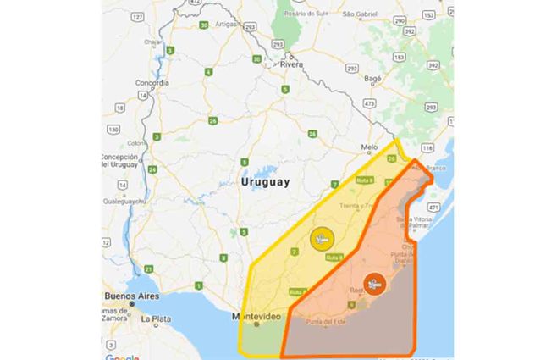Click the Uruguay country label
click(x=265, y=181)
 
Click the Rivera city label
click(x=292, y=64)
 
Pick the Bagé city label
click(x=374, y=77)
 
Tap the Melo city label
click(x=369, y=146)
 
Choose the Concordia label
click(x=152, y=83)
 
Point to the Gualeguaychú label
click(x=124, y=202)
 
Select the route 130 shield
click(x=113, y=129)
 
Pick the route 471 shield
click(x=434, y=206)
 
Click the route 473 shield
click(x=370, y=102)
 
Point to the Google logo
click(x=123, y=356)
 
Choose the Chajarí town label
click(x=153, y=41)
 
